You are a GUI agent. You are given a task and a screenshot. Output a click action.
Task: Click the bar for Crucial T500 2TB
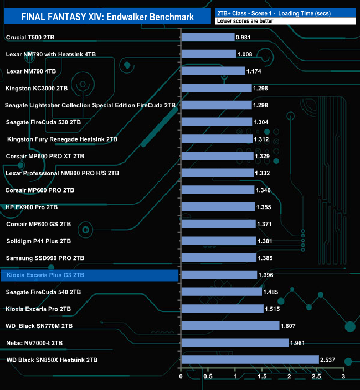[x=208, y=37]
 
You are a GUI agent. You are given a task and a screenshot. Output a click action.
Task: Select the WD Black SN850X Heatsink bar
[x=250, y=360]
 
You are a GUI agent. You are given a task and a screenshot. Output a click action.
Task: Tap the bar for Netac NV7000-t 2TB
[x=235, y=343]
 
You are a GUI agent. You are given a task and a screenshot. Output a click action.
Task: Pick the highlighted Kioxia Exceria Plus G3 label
[x=44, y=275]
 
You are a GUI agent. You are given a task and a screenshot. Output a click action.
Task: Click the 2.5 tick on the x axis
[x=316, y=377]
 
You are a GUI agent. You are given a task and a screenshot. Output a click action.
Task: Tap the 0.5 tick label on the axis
[x=208, y=377]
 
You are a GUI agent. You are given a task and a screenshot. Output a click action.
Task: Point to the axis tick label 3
[x=343, y=377]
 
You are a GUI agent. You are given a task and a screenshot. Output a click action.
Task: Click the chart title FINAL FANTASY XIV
[x=107, y=17]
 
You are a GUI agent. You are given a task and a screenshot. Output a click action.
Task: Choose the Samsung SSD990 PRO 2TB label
[x=45, y=258]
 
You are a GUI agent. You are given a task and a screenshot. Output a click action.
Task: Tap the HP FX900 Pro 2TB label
[x=32, y=207]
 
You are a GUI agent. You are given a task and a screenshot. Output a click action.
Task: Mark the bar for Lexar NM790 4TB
[x=213, y=71]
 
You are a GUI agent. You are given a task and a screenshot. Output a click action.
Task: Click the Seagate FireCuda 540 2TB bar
[x=222, y=292]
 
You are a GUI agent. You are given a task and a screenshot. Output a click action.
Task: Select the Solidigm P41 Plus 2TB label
[x=39, y=241]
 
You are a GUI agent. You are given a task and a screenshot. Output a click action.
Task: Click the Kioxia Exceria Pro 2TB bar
[x=222, y=309]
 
